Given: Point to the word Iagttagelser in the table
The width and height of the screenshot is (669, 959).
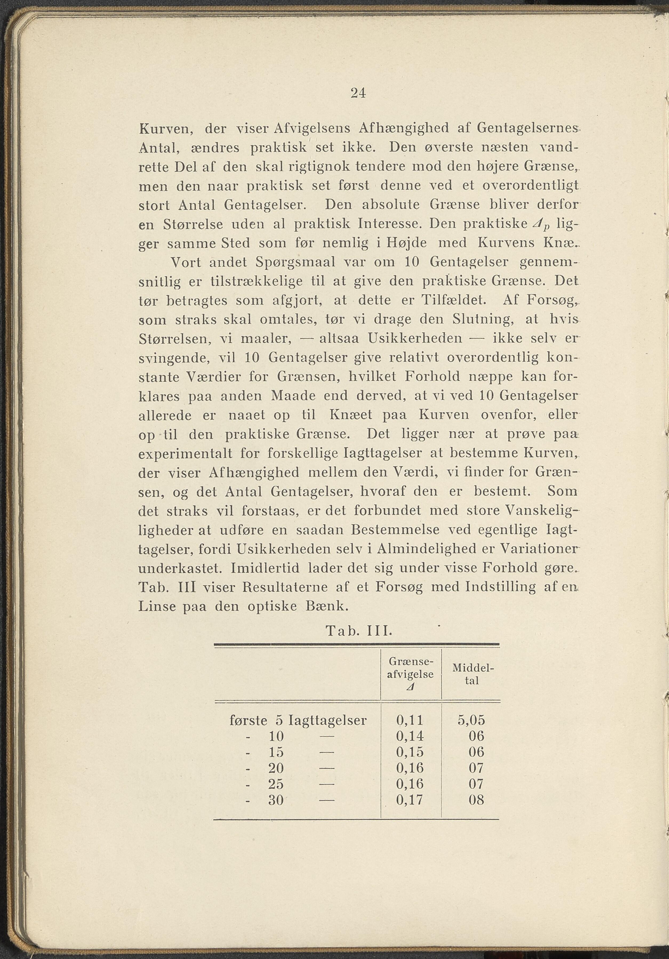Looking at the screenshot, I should pyautogui.click(x=328, y=720).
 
